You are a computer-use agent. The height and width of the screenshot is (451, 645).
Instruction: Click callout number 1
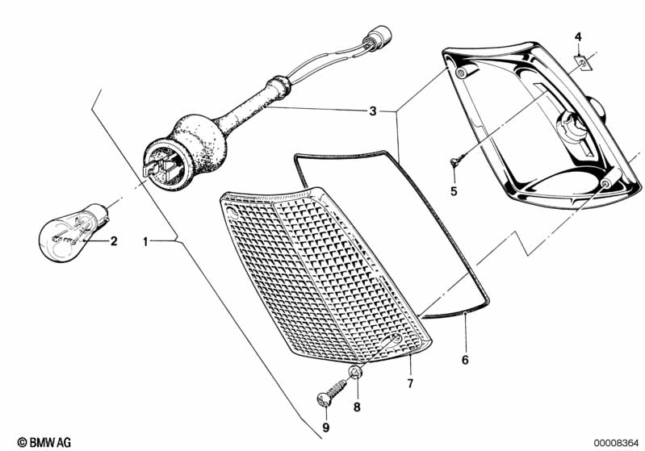pyautogui.click(x=144, y=241)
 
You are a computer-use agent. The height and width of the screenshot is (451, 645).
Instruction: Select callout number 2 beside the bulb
pyautogui.click(x=114, y=240)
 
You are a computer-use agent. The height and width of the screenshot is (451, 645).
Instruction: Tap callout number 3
pyautogui.click(x=373, y=111)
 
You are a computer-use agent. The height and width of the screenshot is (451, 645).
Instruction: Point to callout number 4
pyautogui.click(x=578, y=37)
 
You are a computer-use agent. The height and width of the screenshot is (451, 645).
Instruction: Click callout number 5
pyautogui.click(x=454, y=191)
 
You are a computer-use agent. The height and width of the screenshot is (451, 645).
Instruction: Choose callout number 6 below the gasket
pyautogui.click(x=465, y=360)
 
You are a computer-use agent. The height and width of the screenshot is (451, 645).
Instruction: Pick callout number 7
pyautogui.click(x=410, y=383)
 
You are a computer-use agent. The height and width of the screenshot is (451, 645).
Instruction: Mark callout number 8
pyautogui.click(x=357, y=407)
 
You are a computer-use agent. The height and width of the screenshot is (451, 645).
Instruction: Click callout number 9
pyautogui.click(x=326, y=428)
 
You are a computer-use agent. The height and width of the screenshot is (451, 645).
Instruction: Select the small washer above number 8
pyautogui.click(x=355, y=372)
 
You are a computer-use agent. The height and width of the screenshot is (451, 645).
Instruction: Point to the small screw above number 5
pyautogui.click(x=459, y=160)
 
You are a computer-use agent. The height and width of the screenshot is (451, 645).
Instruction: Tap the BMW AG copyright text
pyautogui.click(x=44, y=442)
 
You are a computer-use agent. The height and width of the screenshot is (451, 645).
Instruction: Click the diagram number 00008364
pyautogui.click(x=616, y=443)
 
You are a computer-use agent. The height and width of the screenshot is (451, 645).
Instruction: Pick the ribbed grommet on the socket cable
pyautogui.click(x=279, y=87)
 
